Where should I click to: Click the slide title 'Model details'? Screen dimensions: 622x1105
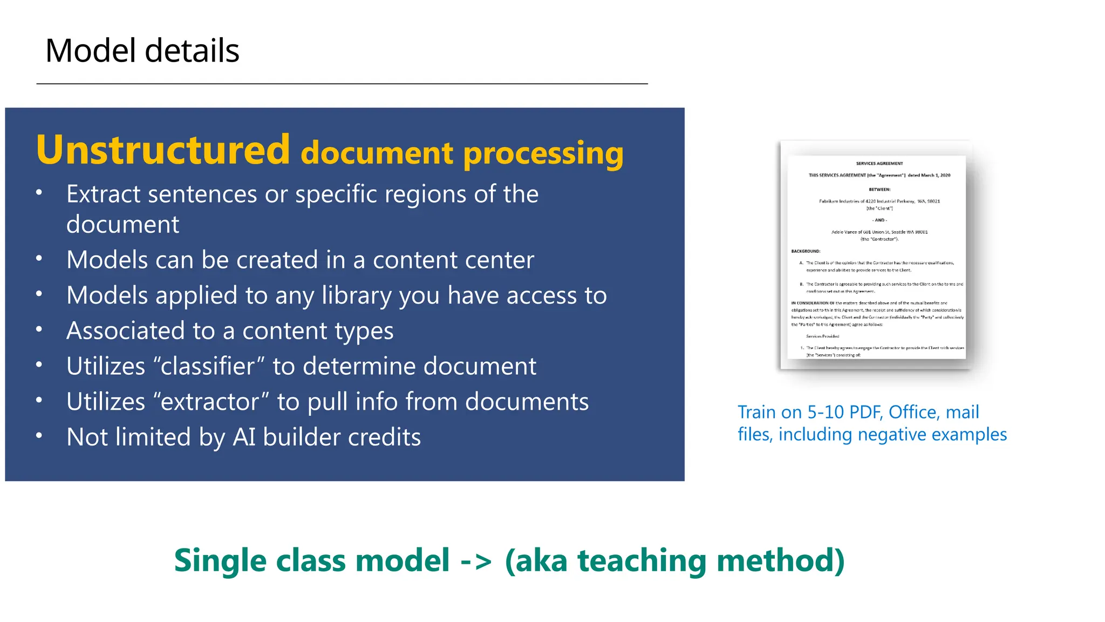(x=142, y=51)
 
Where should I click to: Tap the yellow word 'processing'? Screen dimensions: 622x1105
(x=543, y=154)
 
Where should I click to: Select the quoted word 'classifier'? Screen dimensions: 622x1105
(x=207, y=366)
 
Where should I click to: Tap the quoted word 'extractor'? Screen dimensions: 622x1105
(x=210, y=402)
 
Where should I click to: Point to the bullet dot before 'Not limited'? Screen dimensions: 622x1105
(x=39, y=436)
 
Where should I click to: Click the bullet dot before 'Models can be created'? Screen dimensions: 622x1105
(x=39, y=259)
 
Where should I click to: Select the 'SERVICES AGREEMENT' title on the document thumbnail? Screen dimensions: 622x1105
(x=879, y=163)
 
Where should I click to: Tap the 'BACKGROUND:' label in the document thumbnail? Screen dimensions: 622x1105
(x=806, y=251)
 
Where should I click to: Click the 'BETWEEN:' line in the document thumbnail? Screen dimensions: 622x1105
(x=879, y=190)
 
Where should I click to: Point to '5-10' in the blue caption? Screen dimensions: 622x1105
(x=826, y=413)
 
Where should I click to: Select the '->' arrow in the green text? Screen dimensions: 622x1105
(x=476, y=560)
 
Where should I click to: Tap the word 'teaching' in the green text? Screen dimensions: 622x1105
(x=642, y=560)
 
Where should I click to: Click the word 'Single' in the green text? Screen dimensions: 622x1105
(x=220, y=560)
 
